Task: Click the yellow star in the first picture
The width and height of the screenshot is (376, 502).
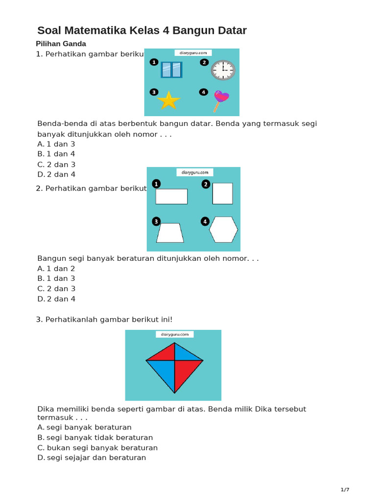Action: (x=168, y=100)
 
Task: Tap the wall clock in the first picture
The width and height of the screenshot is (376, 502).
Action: (x=223, y=70)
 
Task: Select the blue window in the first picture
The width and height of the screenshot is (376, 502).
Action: (x=171, y=70)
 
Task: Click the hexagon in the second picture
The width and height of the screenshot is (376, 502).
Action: (x=223, y=229)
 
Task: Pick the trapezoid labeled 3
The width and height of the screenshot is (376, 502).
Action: (x=170, y=233)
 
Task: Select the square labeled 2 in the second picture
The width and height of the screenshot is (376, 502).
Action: (x=222, y=194)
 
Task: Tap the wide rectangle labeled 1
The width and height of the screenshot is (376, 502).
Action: (x=171, y=196)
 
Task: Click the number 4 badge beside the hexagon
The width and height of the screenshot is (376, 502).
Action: (x=205, y=222)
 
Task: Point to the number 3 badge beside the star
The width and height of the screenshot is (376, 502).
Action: (x=154, y=92)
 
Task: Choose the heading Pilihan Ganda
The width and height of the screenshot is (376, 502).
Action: (x=61, y=44)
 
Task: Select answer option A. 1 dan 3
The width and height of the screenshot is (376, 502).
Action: (x=56, y=144)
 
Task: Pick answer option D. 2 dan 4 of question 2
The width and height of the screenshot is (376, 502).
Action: (x=56, y=299)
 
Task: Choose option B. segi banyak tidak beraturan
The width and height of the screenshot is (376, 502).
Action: (x=95, y=437)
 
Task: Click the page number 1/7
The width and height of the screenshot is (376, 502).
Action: (x=345, y=490)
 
